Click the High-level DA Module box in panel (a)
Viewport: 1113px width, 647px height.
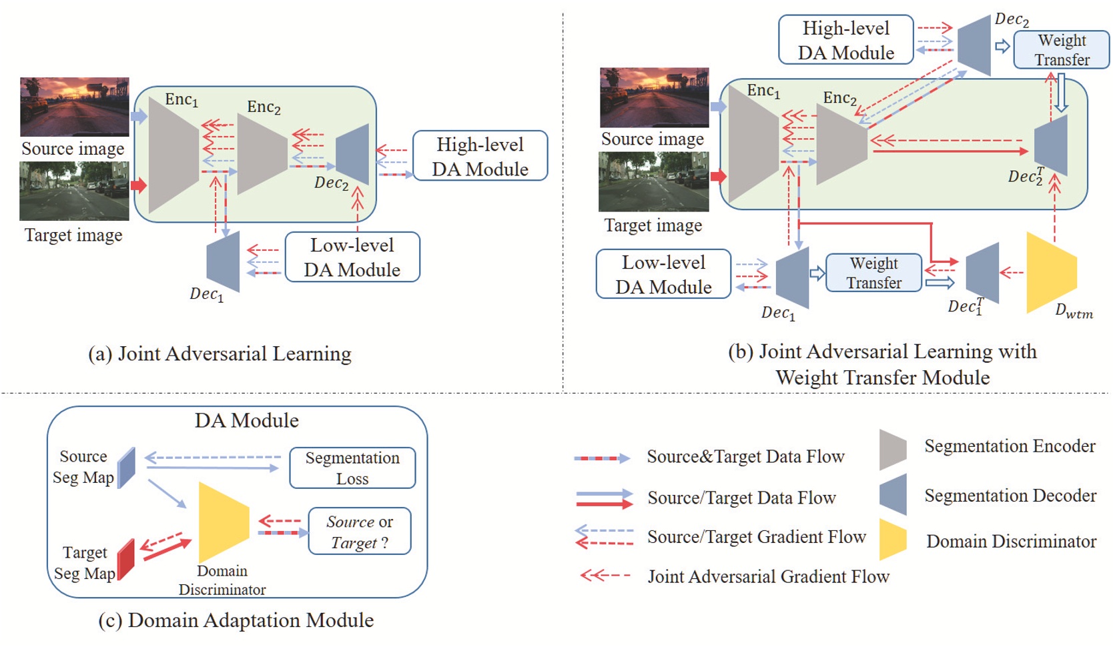coord(480,156)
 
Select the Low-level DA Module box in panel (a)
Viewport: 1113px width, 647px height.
coord(352,257)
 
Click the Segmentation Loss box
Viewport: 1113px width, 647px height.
coord(352,468)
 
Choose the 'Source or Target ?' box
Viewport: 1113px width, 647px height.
coord(359,532)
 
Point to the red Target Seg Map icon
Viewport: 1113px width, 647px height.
coord(125,559)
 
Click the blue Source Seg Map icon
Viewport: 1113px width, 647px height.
coord(126,468)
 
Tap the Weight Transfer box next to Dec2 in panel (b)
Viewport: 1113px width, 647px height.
coord(1061,50)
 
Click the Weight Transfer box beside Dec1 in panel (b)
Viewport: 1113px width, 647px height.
coord(873,273)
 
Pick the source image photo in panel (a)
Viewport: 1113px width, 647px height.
coord(74,107)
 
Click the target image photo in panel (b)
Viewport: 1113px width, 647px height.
coord(653,181)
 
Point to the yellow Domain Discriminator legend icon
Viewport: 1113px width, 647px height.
coord(893,539)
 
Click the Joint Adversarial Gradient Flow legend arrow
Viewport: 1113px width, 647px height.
coord(605,575)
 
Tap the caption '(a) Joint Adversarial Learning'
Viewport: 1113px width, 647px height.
coord(220,354)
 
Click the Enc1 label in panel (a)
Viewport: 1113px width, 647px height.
coord(181,100)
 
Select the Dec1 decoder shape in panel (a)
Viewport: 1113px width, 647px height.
coord(223,261)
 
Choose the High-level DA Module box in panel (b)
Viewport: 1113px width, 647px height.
coord(845,40)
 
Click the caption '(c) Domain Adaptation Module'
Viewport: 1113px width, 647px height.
coord(236,620)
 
